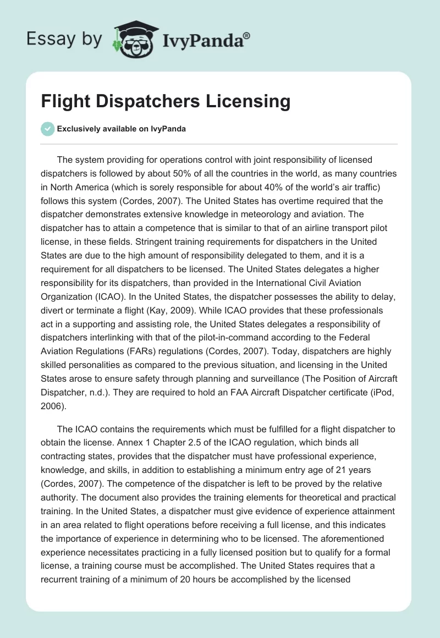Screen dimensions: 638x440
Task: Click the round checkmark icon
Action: click(47, 129)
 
